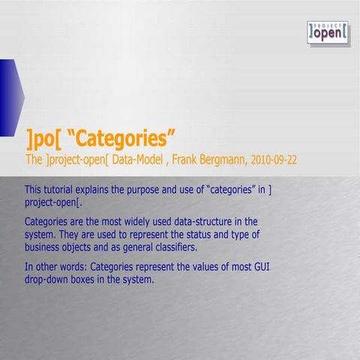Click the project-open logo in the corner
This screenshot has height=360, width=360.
click(328, 32)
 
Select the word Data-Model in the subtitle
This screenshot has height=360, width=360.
click(139, 160)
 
